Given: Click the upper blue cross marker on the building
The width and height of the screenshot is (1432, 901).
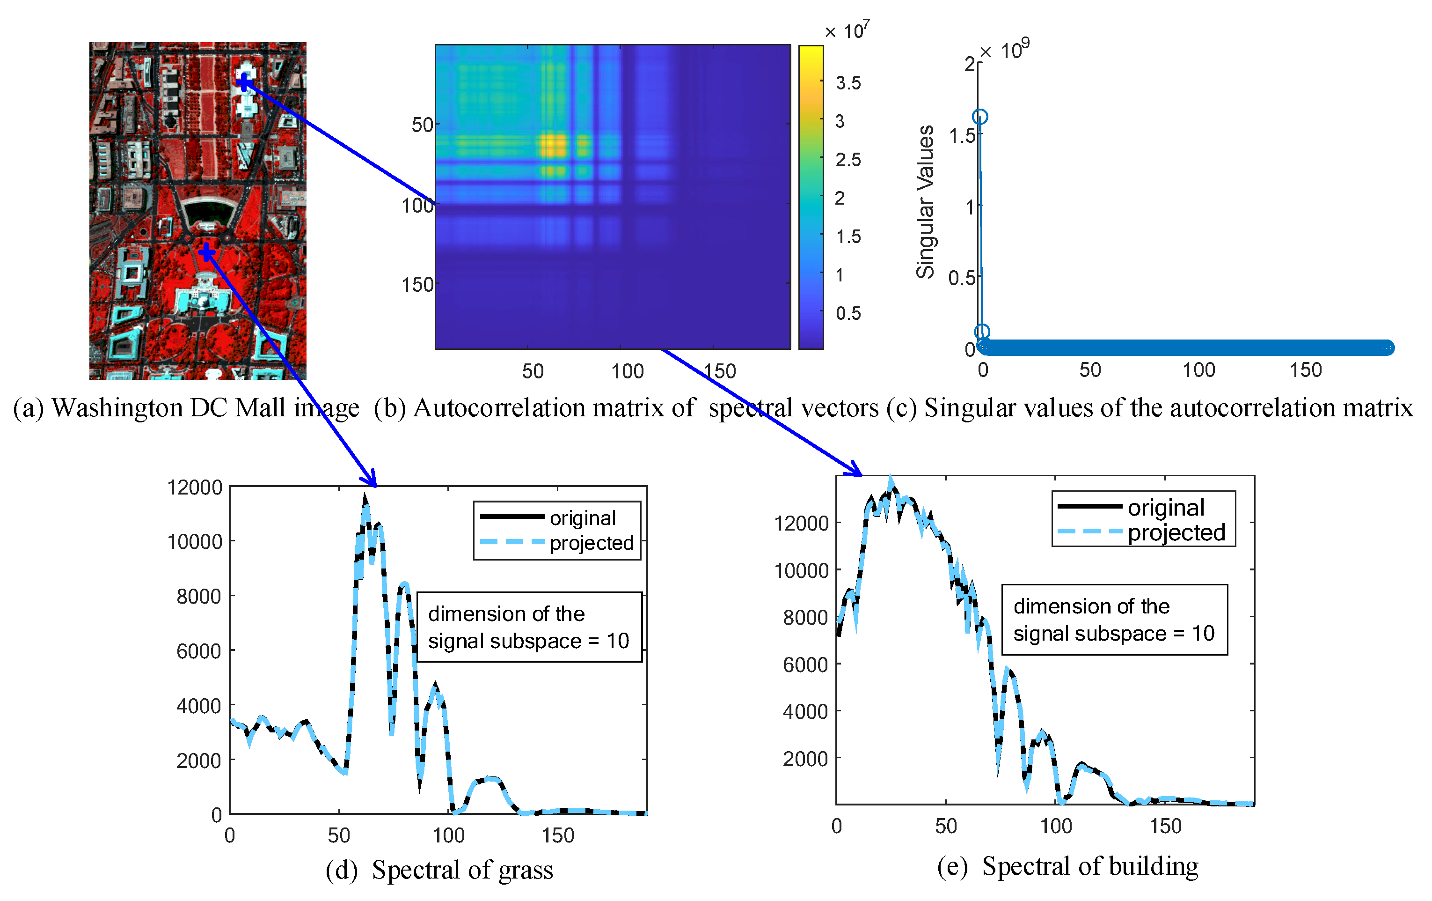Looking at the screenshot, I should pos(244,81).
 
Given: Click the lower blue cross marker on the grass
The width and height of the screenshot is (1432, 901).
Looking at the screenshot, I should pos(206,252).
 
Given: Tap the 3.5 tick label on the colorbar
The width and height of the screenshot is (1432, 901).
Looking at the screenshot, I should pos(848,83).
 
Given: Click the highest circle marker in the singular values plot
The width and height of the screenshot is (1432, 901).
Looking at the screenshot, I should pos(980,117).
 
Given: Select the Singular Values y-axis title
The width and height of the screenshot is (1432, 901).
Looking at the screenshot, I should pos(925,202).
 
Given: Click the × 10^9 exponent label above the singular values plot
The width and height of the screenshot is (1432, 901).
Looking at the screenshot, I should pos(1005,50).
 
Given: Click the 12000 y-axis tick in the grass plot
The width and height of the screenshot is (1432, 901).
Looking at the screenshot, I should pos(195,487).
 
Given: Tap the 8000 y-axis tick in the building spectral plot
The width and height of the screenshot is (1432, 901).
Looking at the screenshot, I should pos(804,618).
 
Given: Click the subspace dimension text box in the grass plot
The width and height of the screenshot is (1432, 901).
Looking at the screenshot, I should pos(529,627).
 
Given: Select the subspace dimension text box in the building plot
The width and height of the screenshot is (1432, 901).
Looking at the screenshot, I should pos(1114,620).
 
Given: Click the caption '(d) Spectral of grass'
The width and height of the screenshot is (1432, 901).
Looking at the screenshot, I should pos(439,870).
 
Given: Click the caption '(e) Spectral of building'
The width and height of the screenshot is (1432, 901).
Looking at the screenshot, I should pos(1067,866).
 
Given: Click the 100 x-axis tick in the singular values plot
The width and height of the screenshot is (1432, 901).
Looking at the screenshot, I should pos(1198,370).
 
